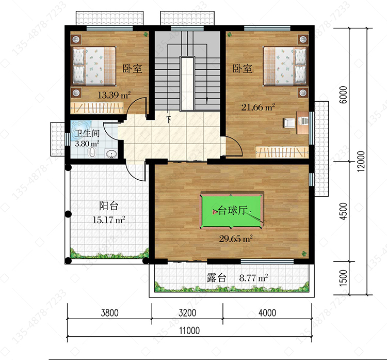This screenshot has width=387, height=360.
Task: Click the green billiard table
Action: point(231,211)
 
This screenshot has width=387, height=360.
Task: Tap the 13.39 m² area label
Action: point(114,95)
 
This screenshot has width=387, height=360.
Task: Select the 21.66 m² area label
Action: point(258,107)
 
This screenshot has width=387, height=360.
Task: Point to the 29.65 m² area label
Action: point(236,239)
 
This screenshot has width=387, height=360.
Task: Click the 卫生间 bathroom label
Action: point(87,133)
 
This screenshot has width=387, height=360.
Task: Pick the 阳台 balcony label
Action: point(108,206)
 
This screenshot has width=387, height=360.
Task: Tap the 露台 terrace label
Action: point(216,278)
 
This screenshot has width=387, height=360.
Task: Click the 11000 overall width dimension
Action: point(189,331)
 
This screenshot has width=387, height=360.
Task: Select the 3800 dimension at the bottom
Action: point(109,313)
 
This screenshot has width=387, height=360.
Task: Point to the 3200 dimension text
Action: point(187,313)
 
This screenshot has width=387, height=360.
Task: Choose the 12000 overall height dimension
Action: point(361,161)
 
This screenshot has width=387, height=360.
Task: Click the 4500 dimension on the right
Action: point(343,211)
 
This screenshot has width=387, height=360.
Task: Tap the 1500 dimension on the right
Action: point(343,278)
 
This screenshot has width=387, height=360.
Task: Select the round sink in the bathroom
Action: point(111,154)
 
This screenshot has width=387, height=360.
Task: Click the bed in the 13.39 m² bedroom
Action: point(93,66)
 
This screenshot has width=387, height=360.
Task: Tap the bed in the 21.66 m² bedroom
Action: point(285,66)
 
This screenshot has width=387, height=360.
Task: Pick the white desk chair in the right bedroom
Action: point(289,123)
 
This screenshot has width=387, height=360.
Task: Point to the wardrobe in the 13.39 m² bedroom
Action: point(97,108)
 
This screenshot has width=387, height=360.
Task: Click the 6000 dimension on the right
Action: point(343,95)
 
